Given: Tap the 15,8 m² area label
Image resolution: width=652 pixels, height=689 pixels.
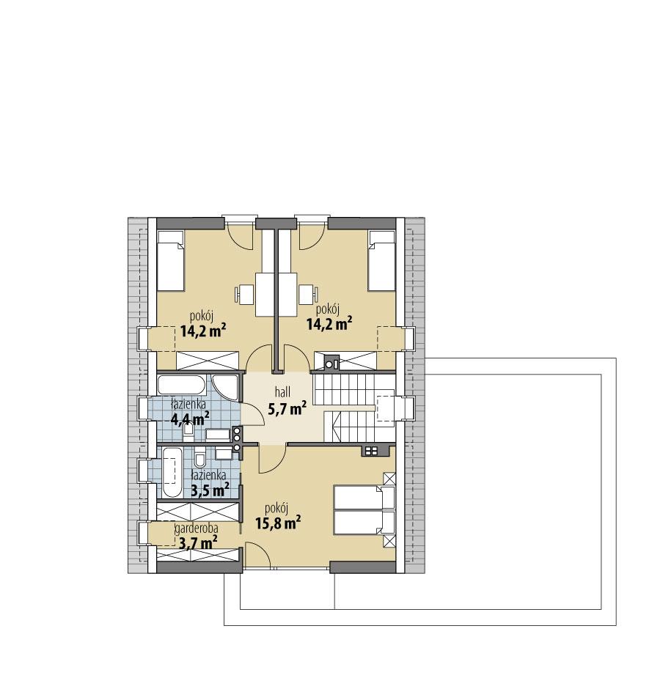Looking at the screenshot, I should point(279,523).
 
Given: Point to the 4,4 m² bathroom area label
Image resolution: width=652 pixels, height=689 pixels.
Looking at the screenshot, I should point(190,419).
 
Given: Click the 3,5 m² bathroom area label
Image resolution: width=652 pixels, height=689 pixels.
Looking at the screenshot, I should point(210,489).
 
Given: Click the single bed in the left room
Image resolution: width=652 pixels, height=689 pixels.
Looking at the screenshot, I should point(169,260).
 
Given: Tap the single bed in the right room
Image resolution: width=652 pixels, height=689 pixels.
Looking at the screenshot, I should point(381,260).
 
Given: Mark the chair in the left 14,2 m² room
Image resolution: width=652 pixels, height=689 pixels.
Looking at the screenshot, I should point(243,294).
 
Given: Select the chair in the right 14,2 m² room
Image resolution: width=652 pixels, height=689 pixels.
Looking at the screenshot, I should point(306,294).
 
